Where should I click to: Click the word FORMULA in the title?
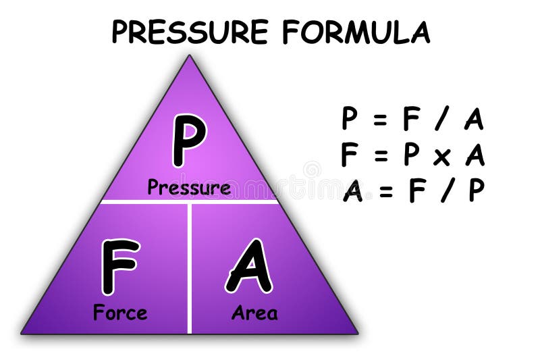(x=356, y=32)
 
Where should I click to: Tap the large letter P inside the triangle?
(x=188, y=140)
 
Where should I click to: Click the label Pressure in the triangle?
(x=189, y=188)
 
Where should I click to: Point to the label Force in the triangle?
(x=120, y=313)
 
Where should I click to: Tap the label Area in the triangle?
(x=254, y=313)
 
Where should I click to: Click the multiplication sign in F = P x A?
(x=441, y=156)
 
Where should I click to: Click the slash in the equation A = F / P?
(x=443, y=192)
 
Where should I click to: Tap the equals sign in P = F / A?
(x=380, y=120)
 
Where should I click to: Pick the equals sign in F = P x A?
(x=380, y=156)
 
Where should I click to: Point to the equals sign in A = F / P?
(x=385, y=192)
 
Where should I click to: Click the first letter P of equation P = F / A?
(x=349, y=120)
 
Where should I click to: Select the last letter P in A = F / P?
(x=476, y=191)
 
